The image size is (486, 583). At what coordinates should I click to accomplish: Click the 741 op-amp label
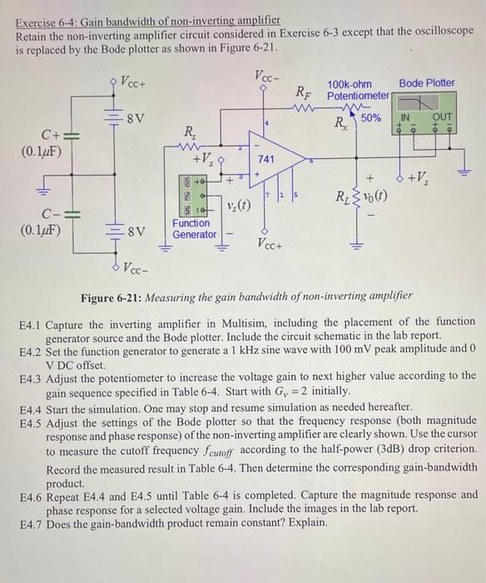(266, 158)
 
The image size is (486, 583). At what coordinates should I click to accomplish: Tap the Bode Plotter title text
(427, 83)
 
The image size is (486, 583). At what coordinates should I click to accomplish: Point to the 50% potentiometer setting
(371, 118)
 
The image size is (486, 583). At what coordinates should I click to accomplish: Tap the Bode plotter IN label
(407, 117)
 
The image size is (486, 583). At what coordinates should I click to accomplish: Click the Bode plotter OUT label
(443, 117)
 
